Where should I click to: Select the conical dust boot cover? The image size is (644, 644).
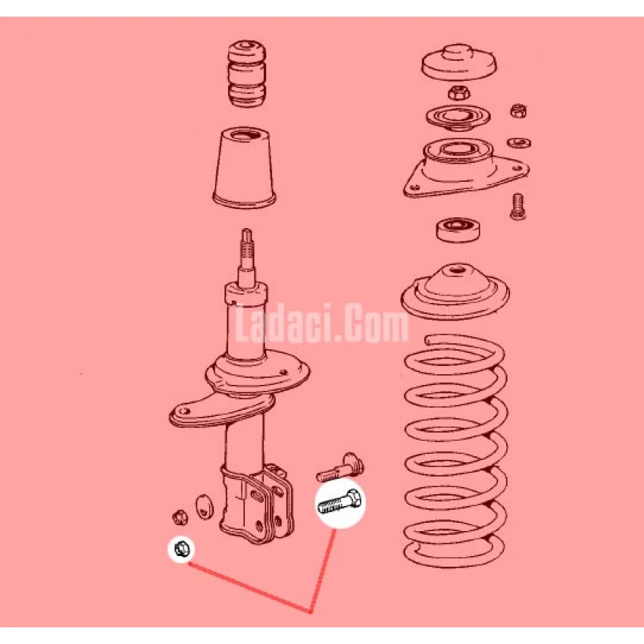point(245,167)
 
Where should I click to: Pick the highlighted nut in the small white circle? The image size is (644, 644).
point(182,549)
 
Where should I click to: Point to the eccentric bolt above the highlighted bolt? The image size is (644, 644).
point(340,467)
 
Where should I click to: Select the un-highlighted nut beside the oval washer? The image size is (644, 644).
point(179,517)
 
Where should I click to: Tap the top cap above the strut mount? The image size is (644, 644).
point(459,62)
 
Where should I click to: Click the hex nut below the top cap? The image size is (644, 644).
point(459,92)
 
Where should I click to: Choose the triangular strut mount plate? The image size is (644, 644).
point(466,168)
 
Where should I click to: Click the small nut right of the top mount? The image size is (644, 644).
point(518,111)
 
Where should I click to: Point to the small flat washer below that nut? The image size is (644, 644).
point(519,142)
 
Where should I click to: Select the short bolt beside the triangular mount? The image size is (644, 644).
point(517,206)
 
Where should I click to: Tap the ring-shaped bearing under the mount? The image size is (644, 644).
point(458,230)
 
